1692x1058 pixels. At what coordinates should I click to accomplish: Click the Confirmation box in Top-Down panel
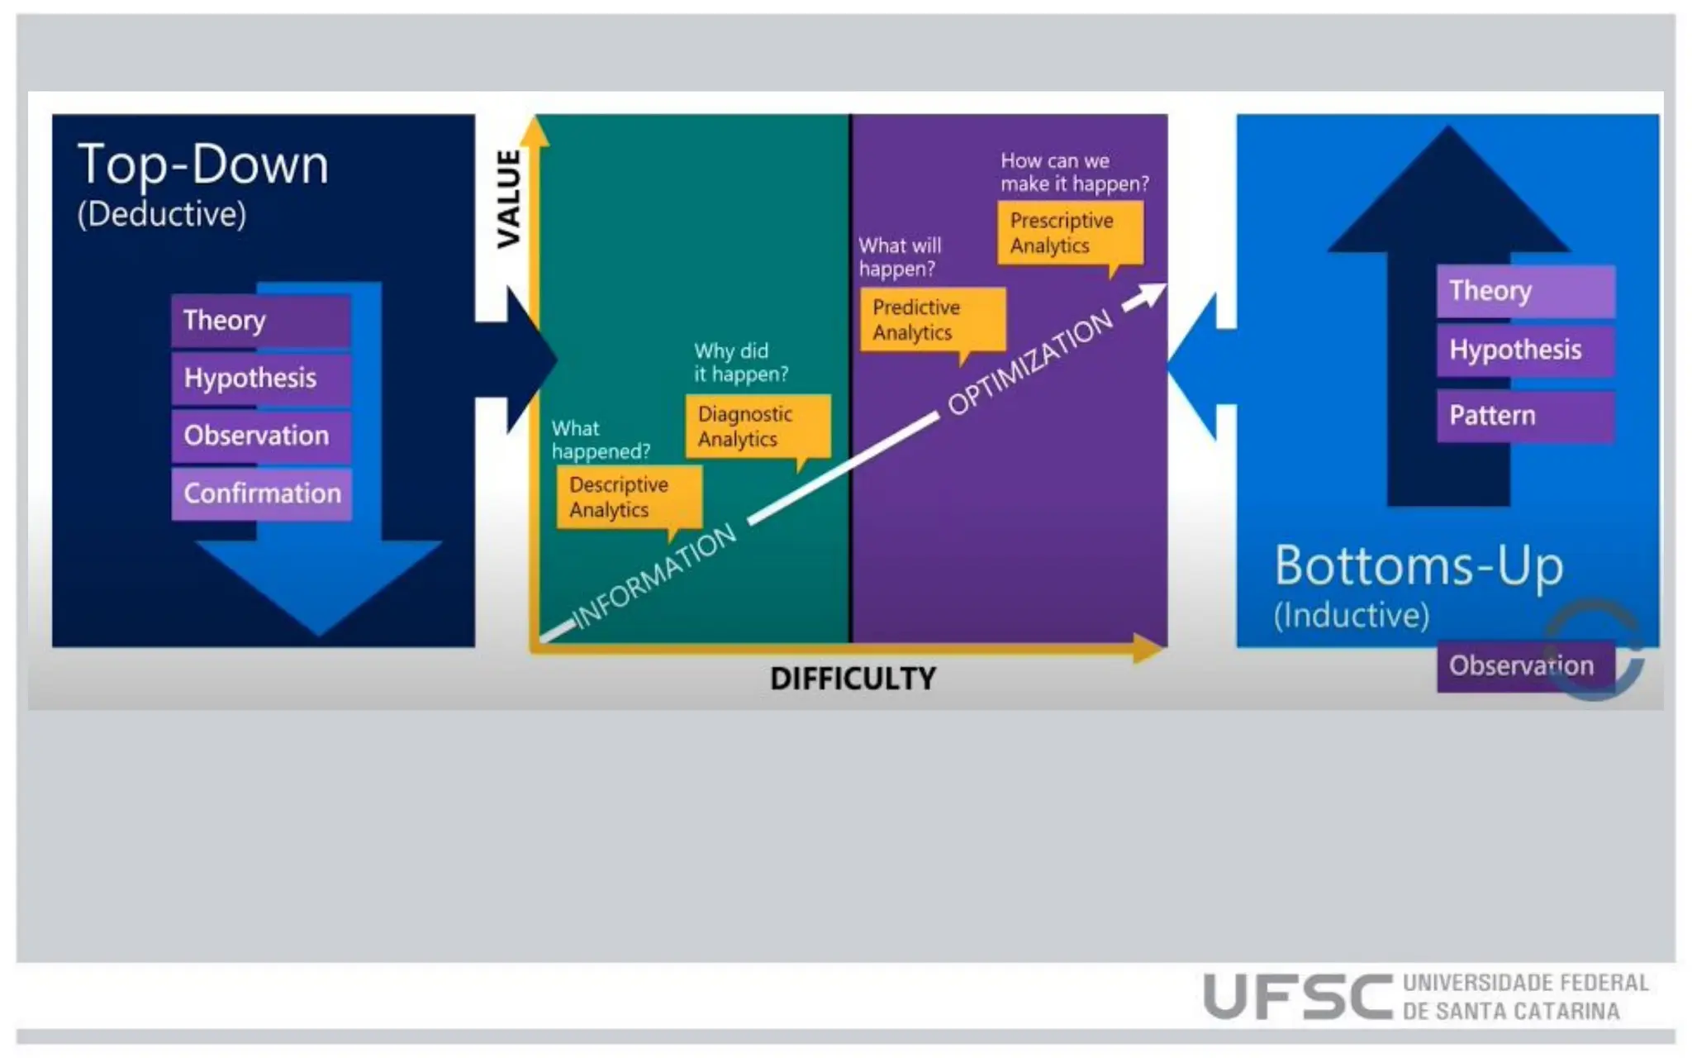[261, 493]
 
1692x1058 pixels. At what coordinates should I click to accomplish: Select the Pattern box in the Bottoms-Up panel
[1525, 416]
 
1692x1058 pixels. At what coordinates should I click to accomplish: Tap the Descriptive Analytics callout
[629, 497]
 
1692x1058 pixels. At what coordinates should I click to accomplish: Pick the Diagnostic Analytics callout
[757, 427]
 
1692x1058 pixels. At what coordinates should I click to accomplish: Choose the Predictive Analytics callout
[932, 320]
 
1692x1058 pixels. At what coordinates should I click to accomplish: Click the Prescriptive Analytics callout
[1069, 233]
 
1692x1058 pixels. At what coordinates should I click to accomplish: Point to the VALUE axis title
[509, 198]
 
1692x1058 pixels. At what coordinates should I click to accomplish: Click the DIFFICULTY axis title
[853, 679]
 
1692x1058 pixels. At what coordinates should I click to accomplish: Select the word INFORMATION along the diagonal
[654, 576]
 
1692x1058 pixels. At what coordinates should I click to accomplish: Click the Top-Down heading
[203, 164]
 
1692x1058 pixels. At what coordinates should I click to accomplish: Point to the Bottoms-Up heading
[1419, 566]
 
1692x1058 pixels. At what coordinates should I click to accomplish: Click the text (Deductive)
[162, 214]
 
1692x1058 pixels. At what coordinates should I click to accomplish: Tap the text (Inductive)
[1351, 615]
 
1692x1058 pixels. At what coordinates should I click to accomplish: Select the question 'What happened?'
[601, 440]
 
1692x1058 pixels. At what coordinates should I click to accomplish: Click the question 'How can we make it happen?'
[1073, 172]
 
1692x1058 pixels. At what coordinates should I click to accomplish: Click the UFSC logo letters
[1297, 997]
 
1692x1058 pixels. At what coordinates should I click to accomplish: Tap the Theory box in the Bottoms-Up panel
[1525, 291]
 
